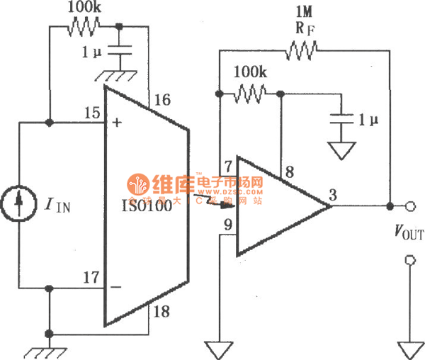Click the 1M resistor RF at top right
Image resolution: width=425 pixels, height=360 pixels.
point(302,49)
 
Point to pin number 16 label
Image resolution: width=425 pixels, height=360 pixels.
point(162,100)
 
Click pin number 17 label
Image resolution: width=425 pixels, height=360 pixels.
point(90,278)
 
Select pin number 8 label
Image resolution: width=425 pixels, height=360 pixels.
point(289,171)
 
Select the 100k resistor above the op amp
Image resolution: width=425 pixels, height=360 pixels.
point(250,92)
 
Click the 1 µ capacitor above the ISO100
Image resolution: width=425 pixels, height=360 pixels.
point(118,52)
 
